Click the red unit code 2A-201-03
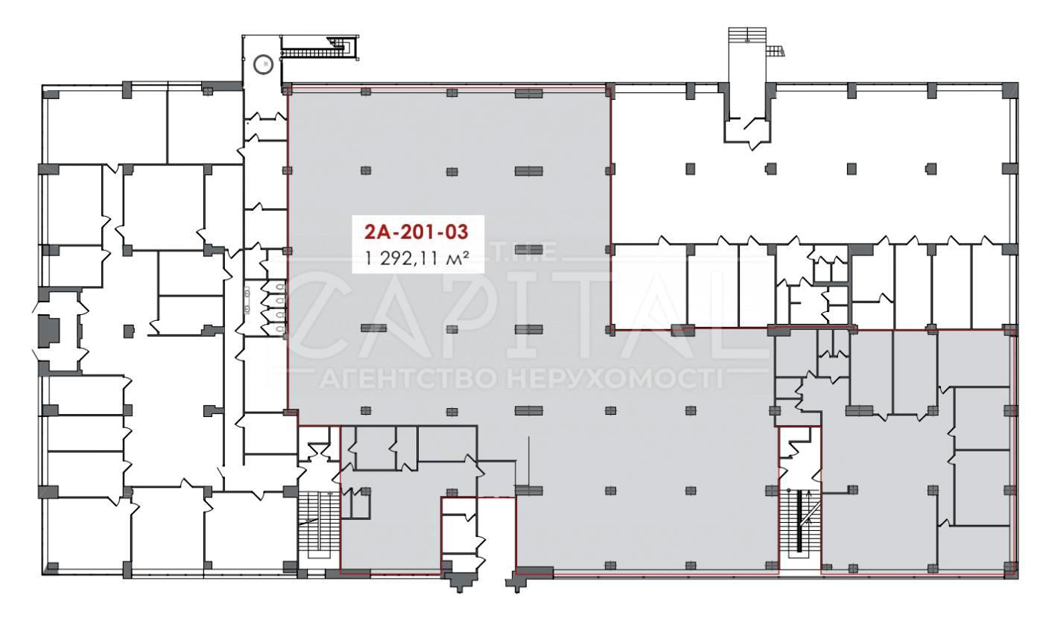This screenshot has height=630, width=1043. point(416,232)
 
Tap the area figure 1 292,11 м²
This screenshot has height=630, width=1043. point(416,258)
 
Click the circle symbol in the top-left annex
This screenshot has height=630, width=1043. point(263,64)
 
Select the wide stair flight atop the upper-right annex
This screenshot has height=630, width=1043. point(747,34)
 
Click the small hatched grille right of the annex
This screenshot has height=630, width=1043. point(776,51)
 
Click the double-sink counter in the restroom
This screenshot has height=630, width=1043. point(247,299)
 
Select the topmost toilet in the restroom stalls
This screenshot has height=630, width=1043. point(280,288)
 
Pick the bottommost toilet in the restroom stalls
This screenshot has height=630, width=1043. point(280,329)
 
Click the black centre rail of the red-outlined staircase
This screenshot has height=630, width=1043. point(799,521)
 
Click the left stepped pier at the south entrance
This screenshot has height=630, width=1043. point(458,581)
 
